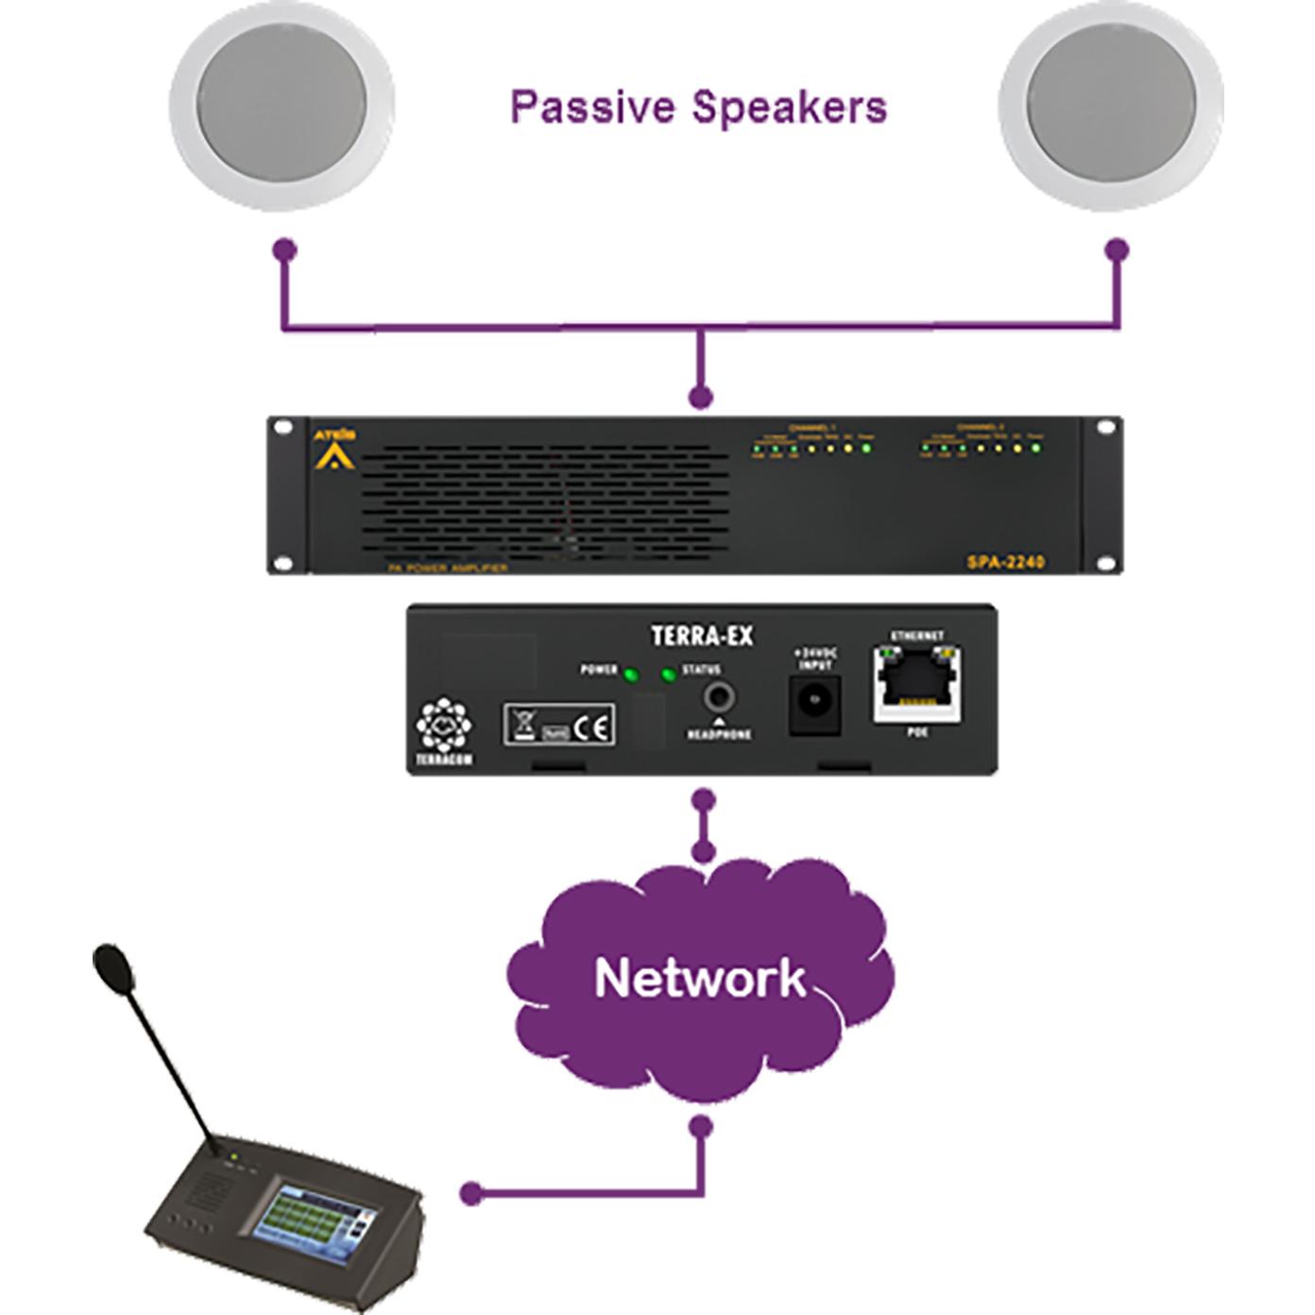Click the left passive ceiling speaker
pos(282,103)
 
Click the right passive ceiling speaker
pos(1111,103)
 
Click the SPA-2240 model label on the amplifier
pos(1005,562)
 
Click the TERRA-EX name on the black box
pos(702,636)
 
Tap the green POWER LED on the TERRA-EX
pos(632,675)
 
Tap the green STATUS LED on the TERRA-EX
pos(669,675)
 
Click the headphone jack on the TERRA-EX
pos(719,698)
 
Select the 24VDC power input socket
pos(814,704)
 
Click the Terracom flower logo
pos(443,726)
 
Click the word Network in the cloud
pos(700,978)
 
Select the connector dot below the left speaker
pos(284,250)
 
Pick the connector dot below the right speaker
pos(1118,250)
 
